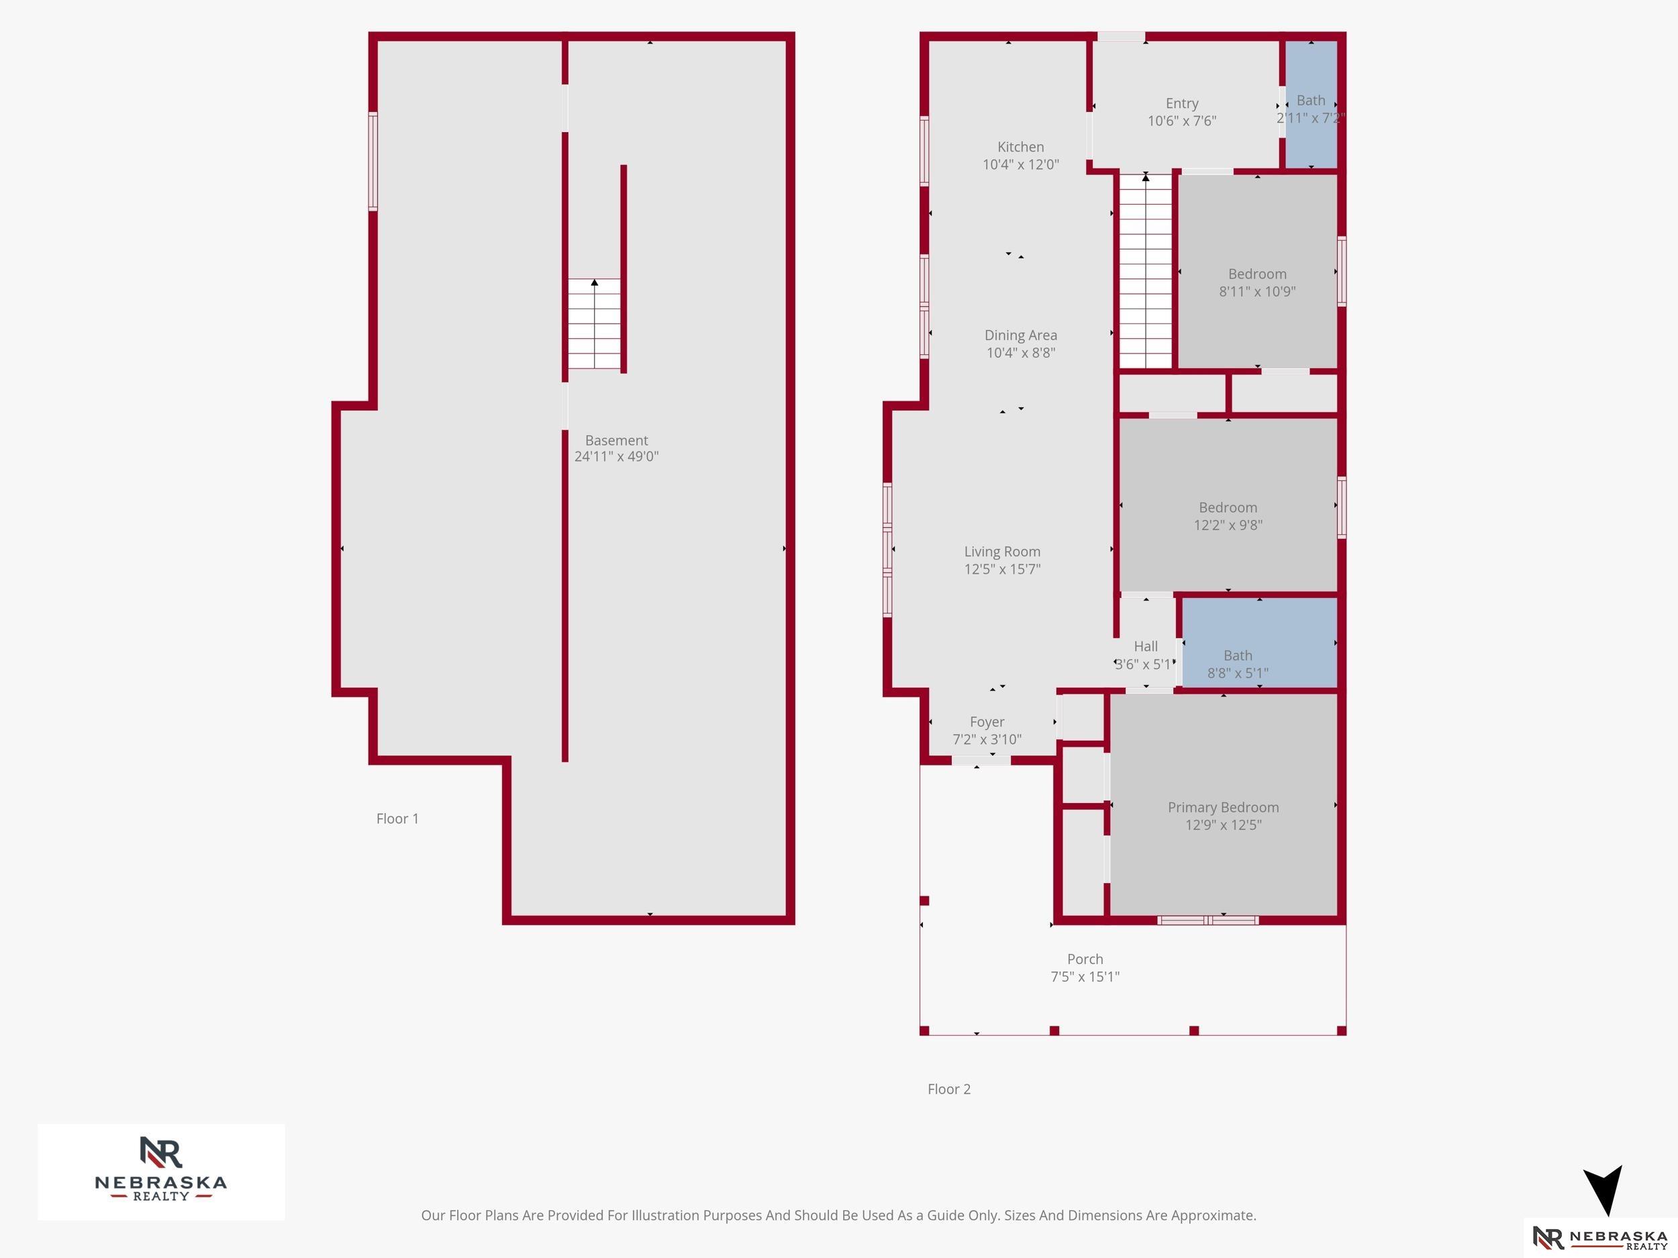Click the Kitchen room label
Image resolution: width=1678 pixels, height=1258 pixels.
[1020, 147]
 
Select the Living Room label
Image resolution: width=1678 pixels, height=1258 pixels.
[1002, 552]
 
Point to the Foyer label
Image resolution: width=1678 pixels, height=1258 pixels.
[987, 722]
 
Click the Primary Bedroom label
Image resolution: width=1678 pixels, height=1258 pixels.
[1223, 808]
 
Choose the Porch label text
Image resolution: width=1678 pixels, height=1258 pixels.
[1085, 959]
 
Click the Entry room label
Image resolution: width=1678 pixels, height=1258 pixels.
[1182, 104]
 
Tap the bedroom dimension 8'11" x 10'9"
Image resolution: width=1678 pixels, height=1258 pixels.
[1257, 292]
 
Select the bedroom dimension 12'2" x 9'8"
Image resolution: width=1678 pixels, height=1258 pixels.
[1228, 525]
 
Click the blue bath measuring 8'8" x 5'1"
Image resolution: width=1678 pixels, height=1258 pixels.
[1259, 643]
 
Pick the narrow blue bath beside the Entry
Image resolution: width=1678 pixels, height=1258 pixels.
[1311, 105]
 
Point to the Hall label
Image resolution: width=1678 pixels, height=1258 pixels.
[1146, 646]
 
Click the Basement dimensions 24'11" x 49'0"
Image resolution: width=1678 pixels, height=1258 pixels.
[616, 456]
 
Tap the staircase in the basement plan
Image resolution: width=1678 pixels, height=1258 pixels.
[595, 325]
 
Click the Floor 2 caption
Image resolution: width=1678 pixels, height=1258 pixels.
[949, 1090]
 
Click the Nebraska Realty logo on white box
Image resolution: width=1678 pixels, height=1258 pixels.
[161, 1171]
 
